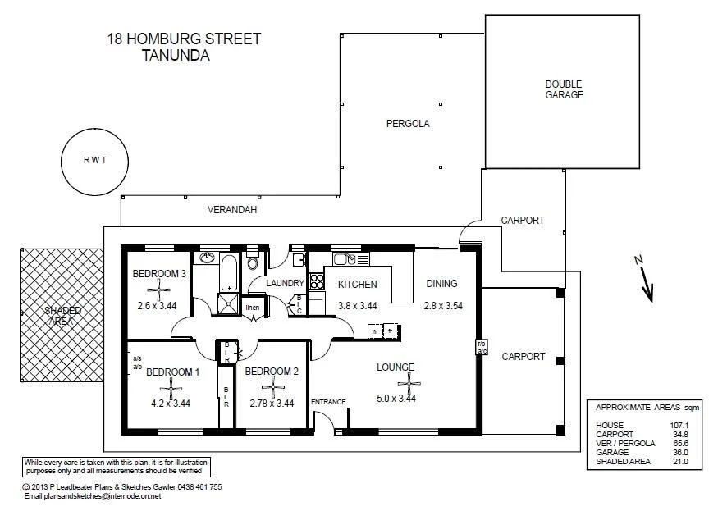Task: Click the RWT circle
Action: point(94,160)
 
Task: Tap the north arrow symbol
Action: point(648,281)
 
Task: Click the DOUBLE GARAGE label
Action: point(564,89)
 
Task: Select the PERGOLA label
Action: point(408,124)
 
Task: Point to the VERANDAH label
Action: point(232,210)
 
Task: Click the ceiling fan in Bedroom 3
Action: point(157,289)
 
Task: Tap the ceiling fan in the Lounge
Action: point(408,382)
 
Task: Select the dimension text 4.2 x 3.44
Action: point(171,403)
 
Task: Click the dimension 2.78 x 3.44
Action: point(272,403)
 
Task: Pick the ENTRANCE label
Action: point(328,401)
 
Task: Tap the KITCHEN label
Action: point(357,285)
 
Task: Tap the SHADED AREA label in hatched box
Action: point(62,316)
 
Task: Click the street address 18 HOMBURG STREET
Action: point(184,39)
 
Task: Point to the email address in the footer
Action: point(93,496)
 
